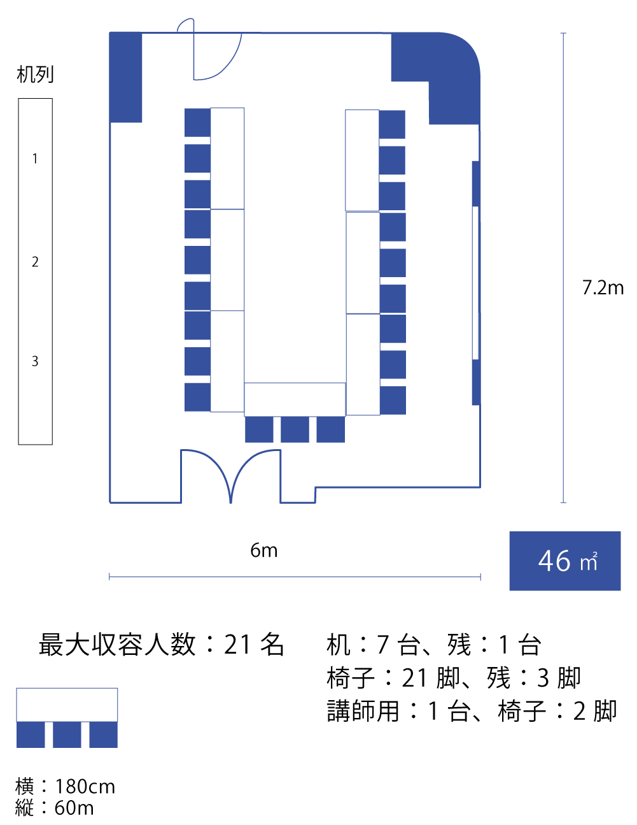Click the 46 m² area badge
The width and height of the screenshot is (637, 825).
tap(564, 561)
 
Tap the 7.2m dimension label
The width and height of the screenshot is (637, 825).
tap(603, 288)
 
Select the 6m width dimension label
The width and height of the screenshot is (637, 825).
tap(263, 550)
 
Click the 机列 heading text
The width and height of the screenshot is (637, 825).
tap(35, 75)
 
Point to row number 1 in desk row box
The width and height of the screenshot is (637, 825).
tap(35, 159)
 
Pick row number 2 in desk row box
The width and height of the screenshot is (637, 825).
tap(35, 262)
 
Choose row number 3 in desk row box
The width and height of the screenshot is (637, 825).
tap(35, 361)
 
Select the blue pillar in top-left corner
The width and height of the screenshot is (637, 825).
tap(126, 77)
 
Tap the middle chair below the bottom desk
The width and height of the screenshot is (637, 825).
tap(295, 429)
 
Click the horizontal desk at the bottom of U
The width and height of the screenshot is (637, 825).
tap(295, 399)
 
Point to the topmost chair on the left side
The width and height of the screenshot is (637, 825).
tap(197, 122)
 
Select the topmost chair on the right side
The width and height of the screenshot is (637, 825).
tap(392, 124)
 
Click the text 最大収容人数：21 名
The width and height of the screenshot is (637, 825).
tap(161, 645)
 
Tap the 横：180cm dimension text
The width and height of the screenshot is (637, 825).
tap(66, 787)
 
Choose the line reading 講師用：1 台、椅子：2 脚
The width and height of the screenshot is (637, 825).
tap(472, 711)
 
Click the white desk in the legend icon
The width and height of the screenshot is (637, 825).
tap(67, 705)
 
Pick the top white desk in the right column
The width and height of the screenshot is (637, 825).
tap(362, 160)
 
